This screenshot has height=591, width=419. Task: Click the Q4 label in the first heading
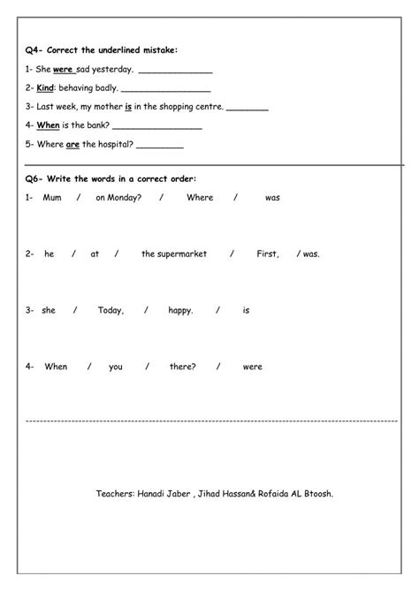click(x=34, y=51)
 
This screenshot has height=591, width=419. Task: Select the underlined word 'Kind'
click(x=45, y=88)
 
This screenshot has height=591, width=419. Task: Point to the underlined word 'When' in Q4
click(x=48, y=125)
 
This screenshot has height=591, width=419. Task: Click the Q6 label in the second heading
click(x=34, y=179)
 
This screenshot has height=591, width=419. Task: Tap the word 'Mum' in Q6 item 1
click(x=50, y=198)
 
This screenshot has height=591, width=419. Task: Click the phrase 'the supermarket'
click(x=173, y=254)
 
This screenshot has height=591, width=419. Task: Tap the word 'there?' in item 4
click(x=182, y=367)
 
